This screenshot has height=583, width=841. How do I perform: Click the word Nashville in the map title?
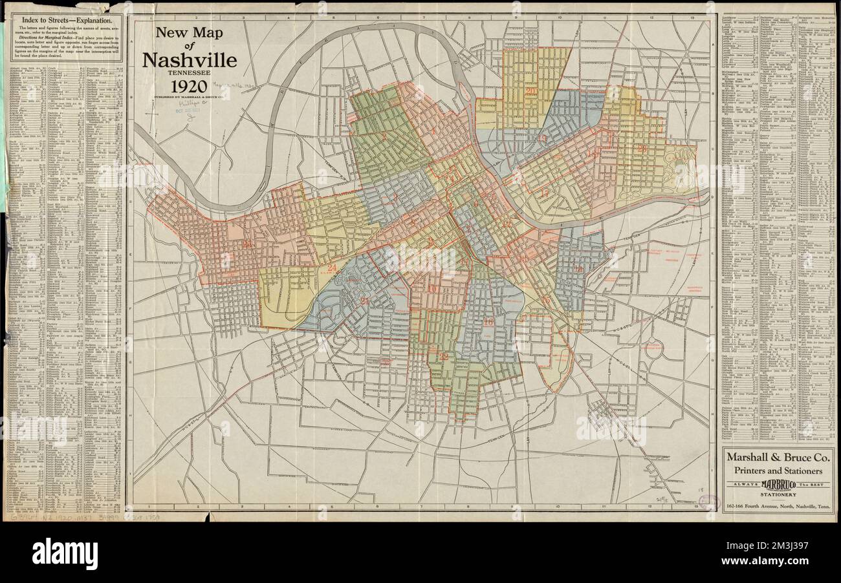(189, 60)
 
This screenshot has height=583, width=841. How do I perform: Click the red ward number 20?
(531, 91)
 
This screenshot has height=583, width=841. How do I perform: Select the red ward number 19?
(542, 138)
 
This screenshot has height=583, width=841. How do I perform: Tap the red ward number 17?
(544, 193)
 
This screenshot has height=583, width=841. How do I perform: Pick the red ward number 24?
(332, 268)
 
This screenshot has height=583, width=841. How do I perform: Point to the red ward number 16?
(545, 300)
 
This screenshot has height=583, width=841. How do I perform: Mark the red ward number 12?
(444, 356)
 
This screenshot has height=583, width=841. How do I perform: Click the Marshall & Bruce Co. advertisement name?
(778, 457)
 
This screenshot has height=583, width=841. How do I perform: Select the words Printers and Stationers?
(778, 470)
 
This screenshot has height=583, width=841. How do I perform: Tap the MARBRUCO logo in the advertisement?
(778, 484)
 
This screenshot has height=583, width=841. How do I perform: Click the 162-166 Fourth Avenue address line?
(778, 505)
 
